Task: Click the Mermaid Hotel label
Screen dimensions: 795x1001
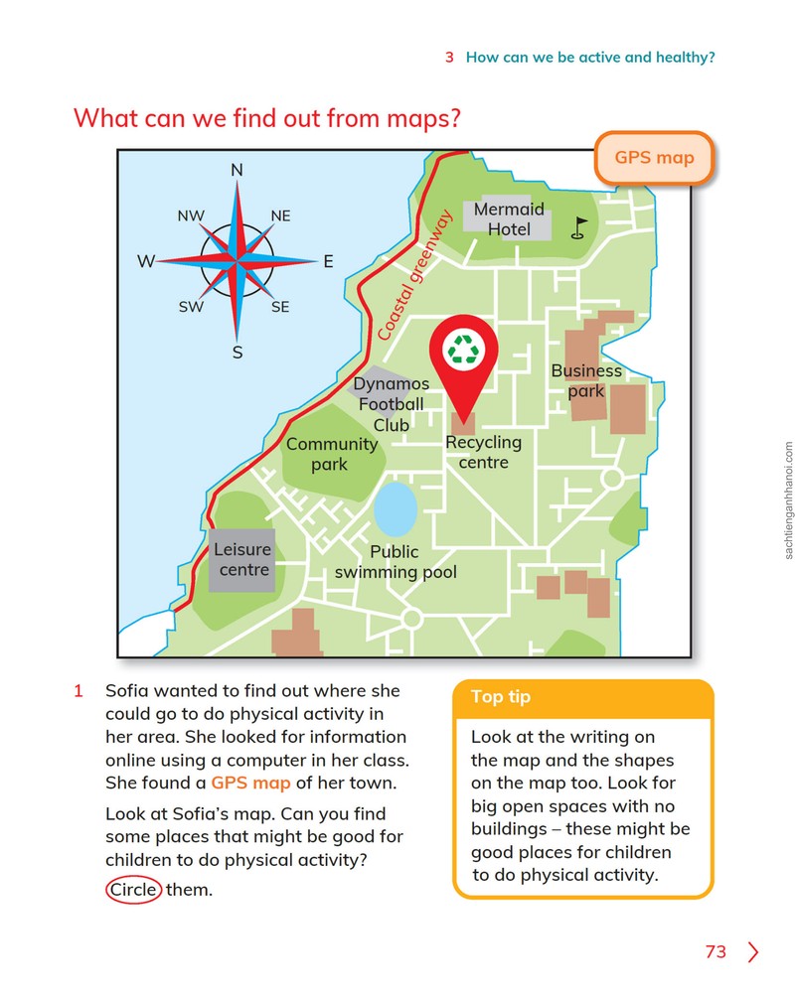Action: point(509,218)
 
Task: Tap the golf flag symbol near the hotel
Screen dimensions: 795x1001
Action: point(578,228)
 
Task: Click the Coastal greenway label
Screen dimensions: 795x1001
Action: point(414,274)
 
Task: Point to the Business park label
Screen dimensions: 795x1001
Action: point(586,380)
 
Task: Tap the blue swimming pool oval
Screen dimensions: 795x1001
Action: point(395,509)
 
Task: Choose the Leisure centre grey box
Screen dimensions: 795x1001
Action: point(242,560)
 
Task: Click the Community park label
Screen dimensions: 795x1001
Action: point(332,454)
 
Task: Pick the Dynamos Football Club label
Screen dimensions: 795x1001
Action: point(391,404)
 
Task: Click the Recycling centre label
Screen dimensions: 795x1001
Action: point(484,452)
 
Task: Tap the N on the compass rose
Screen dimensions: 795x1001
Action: point(238,170)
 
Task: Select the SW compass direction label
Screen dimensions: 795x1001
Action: point(191,307)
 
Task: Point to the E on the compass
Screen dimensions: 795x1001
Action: point(329,261)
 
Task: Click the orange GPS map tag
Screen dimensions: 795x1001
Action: point(654,158)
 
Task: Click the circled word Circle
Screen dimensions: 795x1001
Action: point(133,890)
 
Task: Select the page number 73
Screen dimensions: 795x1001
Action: point(715,951)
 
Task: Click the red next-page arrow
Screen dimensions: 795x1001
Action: point(753,951)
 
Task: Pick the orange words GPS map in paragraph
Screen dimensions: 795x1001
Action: point(250,784)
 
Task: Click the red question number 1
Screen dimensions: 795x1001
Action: point(79,691)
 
